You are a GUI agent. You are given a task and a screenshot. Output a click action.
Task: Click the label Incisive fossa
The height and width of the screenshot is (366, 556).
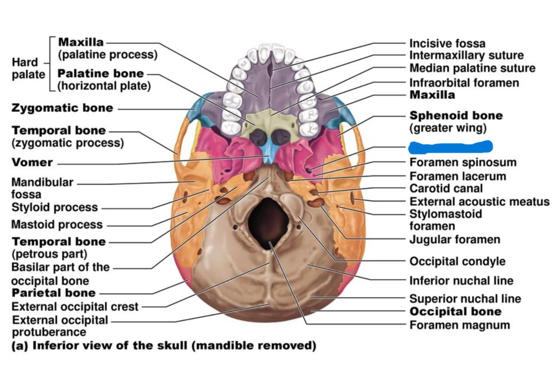pos(447,43)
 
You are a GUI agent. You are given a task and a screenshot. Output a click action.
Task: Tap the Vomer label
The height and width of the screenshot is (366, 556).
pos(32,162)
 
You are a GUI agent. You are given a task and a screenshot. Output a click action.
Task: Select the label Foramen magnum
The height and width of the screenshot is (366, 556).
pos(459,325)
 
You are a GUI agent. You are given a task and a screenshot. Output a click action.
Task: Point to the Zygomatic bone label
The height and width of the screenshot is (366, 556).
pos(62,108)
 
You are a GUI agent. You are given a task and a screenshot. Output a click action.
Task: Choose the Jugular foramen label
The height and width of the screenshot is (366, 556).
pos(454,239)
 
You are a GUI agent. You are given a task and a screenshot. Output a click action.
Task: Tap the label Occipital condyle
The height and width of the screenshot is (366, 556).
pos(457,261)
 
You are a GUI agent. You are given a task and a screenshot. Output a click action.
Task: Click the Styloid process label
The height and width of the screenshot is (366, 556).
pos(54,207)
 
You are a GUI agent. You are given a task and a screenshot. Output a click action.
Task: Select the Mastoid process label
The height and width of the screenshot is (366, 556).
pos(57,224)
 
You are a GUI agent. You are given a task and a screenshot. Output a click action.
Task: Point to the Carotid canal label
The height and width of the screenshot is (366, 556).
pos(446,189)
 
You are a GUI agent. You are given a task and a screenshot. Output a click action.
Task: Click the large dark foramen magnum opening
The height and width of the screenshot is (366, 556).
pos(269,221)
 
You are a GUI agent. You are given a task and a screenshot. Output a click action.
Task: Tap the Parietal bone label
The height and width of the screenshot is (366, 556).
pos(53,293)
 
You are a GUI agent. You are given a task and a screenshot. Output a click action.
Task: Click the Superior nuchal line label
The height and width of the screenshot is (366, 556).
pos(465,299)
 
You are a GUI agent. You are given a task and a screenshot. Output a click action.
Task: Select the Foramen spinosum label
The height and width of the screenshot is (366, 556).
pos(463,162)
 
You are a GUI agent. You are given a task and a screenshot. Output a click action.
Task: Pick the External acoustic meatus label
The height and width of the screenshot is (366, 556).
pos(479,202)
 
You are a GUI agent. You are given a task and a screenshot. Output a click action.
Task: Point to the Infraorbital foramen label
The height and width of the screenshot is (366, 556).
pos(464,83)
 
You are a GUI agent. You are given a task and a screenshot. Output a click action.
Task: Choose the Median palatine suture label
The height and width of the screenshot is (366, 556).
pos(472,68)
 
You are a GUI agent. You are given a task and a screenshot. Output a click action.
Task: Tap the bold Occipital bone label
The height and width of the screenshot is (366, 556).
pos(455,312)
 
